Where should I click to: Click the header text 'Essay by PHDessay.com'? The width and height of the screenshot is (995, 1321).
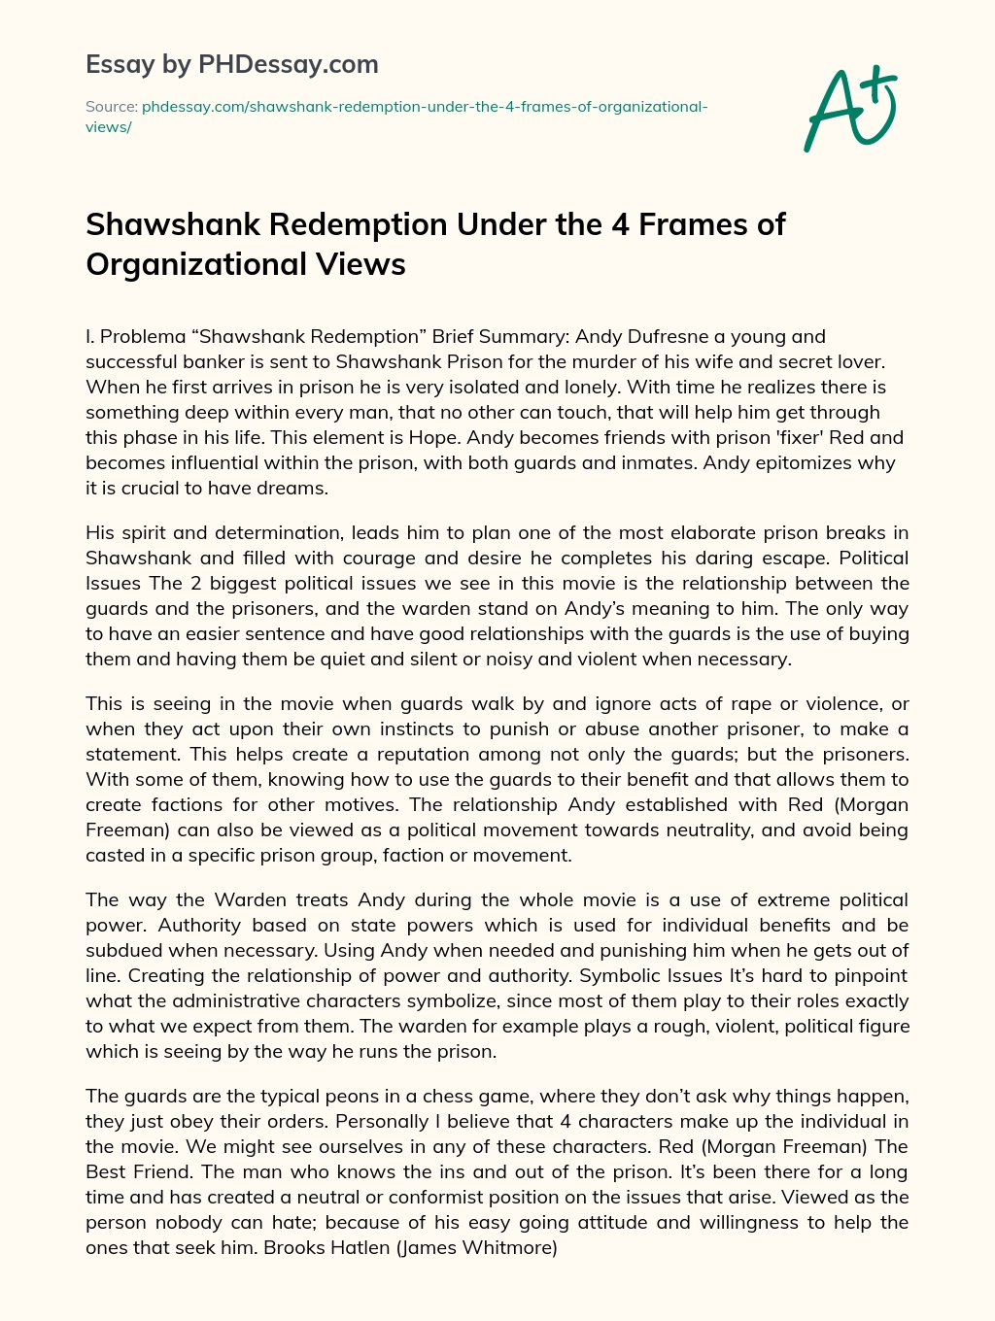pyautogui.click(x=232, y=65)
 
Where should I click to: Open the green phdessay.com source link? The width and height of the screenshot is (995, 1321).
pyautogui.click(x=424, y=106)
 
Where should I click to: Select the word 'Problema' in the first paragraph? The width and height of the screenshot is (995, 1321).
pyautogui.click(x=143, y=336)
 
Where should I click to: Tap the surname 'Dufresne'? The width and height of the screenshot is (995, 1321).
pyautogui.click(x=671, y=336)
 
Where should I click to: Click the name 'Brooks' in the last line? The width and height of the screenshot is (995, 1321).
pyautogui.click(x=296, y=1247)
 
